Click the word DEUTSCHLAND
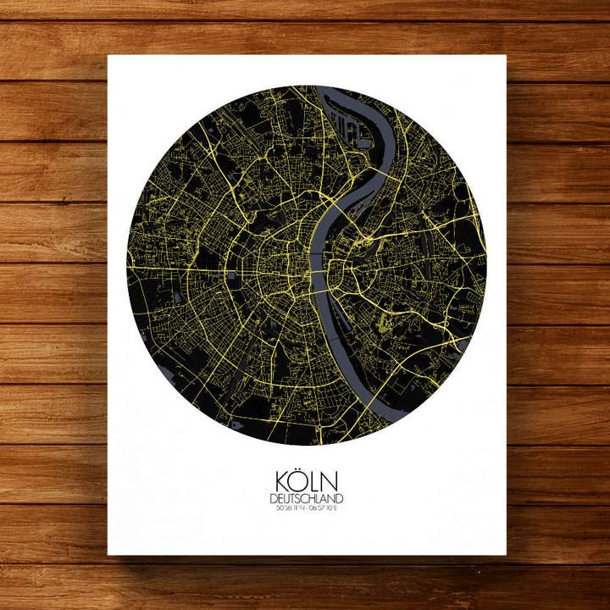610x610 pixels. (306, 499)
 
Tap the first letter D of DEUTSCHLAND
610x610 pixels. (273, 499)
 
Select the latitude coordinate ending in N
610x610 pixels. (288, 509)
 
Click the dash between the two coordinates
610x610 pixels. (305, 509)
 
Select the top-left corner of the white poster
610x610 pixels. (108, 57)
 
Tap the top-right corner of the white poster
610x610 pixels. (505, 57)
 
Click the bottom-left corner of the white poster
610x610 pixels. (108, 554)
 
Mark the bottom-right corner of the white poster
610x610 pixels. (505, 554)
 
